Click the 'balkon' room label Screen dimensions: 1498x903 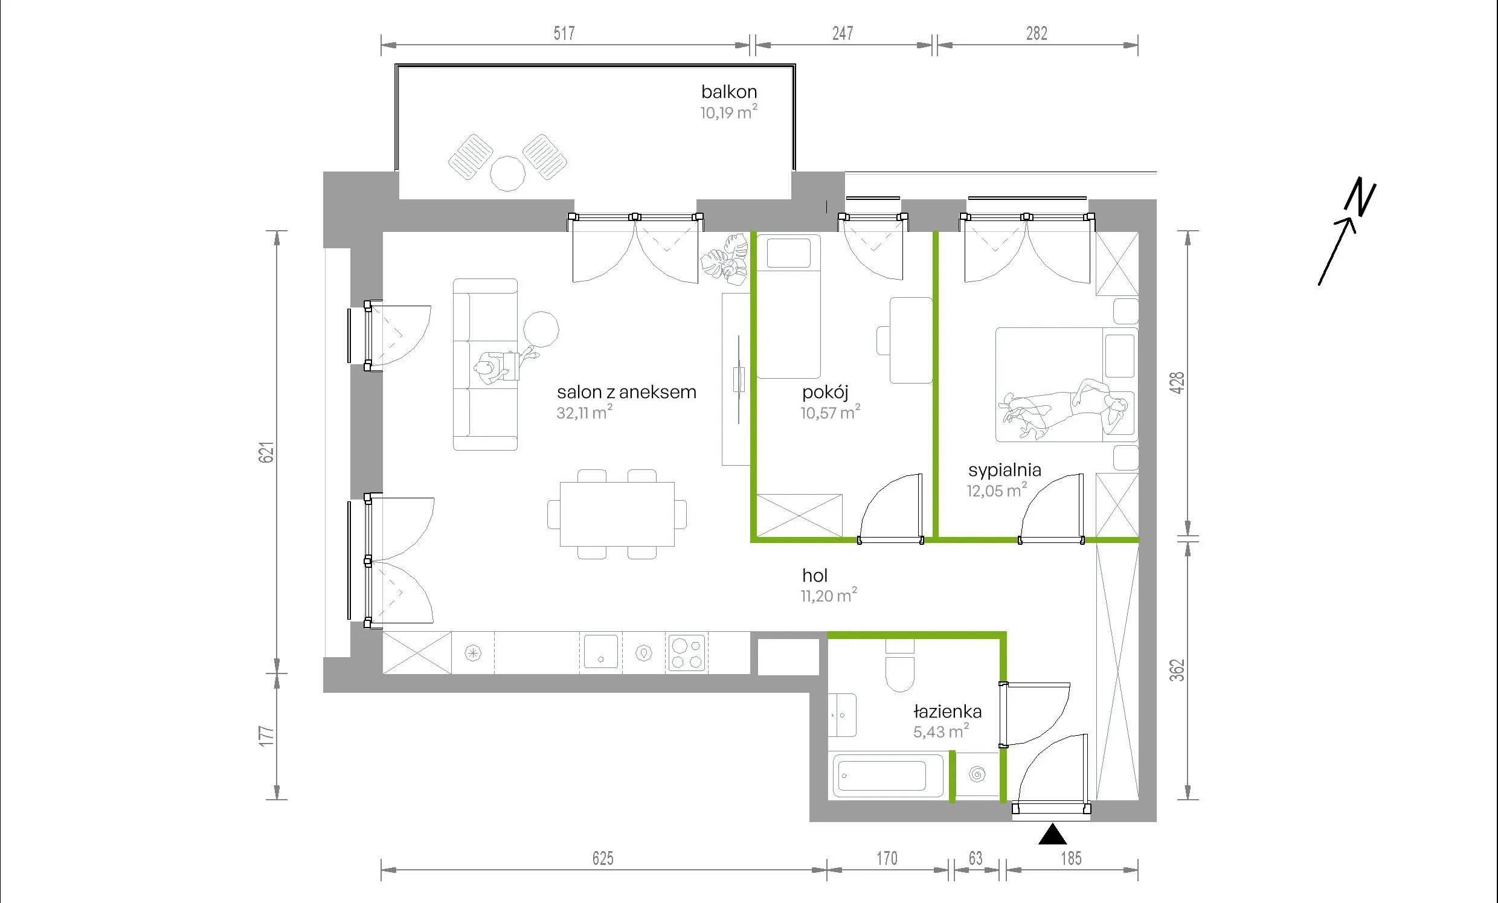click(729, 92)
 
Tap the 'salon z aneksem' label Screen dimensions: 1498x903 click(627, 392)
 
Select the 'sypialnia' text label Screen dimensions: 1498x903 click(1005, 470)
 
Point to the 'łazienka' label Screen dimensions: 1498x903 click(947, 712)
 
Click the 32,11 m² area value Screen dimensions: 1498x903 click(584, 413)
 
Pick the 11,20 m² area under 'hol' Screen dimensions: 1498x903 click(829, 596)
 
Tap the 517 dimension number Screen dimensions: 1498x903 click(564, 33)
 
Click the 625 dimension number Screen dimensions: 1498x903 click(602, 858)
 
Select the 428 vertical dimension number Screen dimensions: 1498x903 click(1178, 382)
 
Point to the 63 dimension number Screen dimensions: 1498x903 click(975, 858)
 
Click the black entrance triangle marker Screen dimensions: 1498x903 click(1052, 835)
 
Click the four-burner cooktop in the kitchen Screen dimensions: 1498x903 click(687, 653)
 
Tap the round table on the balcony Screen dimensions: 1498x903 click(507, 174)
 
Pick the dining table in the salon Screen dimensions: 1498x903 click(617, 515)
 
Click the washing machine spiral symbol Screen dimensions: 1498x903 click(977, 774)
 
